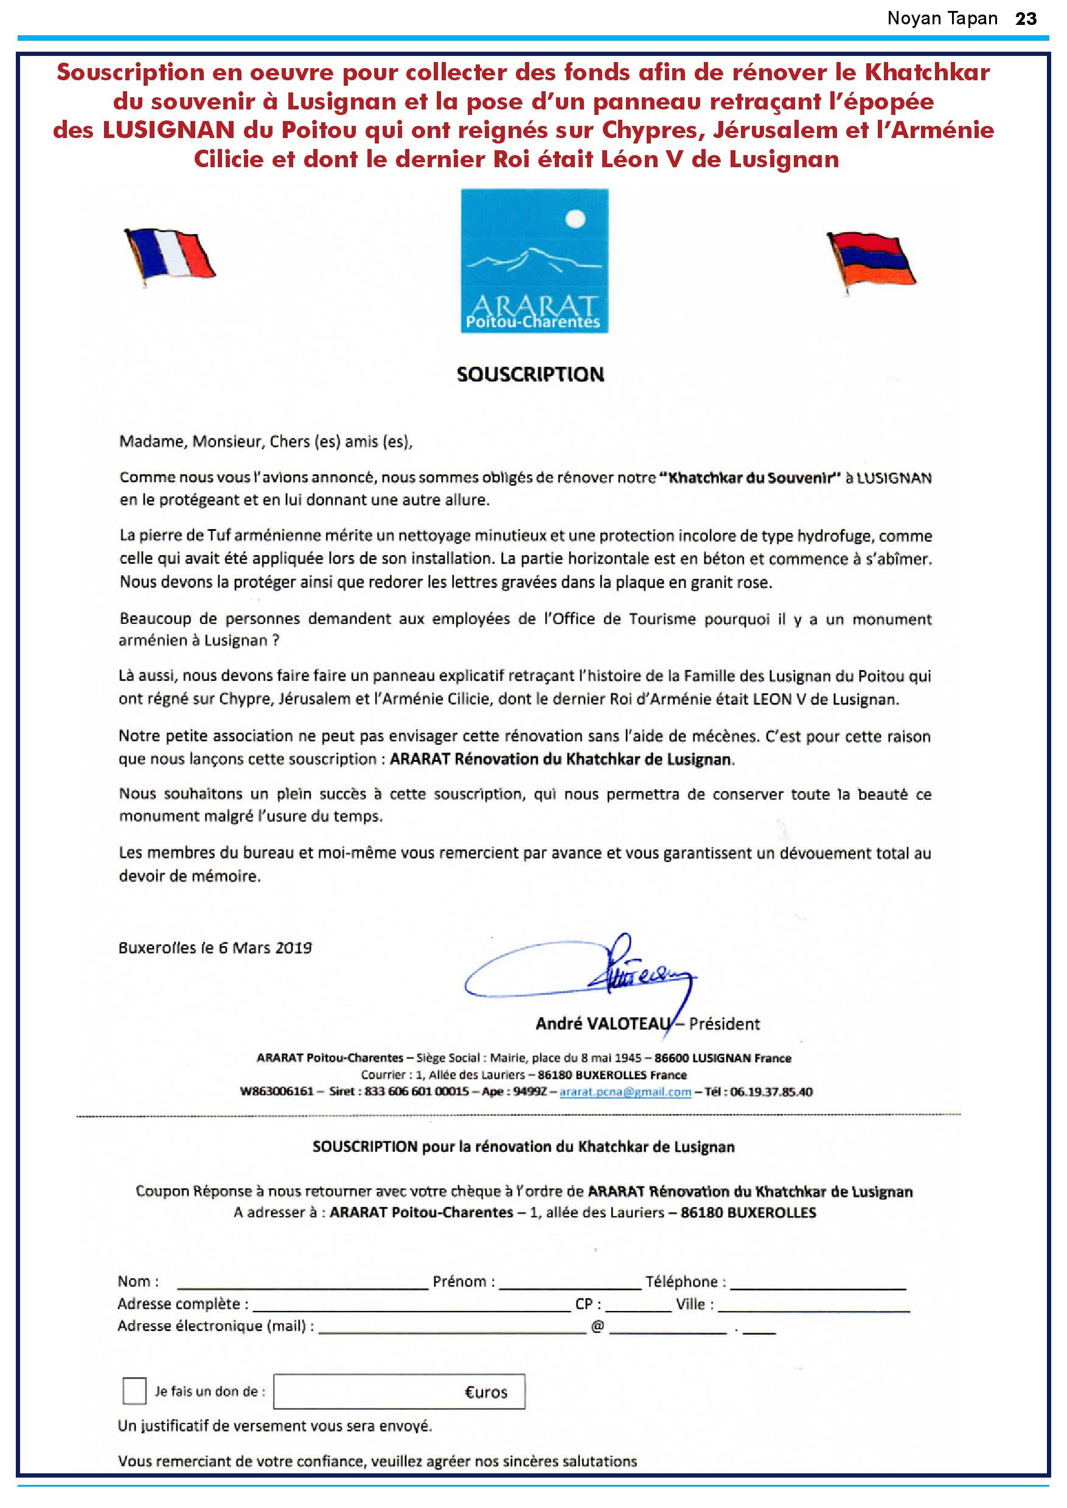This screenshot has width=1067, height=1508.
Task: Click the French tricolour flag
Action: pyautogui.click(x=170, y=256)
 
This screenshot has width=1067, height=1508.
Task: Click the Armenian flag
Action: pyautogui.click(x=872, y=258)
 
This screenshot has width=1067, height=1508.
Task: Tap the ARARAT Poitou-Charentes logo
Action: pyautogui.click(x=534, y=261)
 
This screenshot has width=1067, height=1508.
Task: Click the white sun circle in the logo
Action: pyautogui.click(x=575, y=218)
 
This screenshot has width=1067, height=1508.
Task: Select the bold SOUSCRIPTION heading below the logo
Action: pyautogui.click(x=530, y=375)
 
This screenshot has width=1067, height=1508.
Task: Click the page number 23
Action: pyautogui.click(x=1026, y=18)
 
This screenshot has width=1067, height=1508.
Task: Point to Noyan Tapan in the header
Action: pyautogui.click(x=942, y=18)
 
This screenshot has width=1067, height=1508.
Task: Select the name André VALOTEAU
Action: pyautogui.click(x=602, y=1023)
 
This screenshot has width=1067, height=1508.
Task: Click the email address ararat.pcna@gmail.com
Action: pyautogui.click(x=625, y=1091)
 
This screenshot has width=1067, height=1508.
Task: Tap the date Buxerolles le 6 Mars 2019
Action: pyautogui.click(x=215, y=948)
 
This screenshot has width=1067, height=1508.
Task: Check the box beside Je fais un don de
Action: pyautogui.click(x=134, y=1391)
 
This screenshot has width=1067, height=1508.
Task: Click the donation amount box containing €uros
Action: pyautogui.click(x=399, y=1392)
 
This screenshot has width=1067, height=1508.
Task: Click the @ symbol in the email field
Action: pyautogui.click(x=597, y=1326)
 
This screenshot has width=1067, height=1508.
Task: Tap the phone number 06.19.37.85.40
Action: pyautogui.click(x=771, y=1091)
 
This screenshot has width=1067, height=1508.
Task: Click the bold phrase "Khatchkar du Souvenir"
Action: pyautogui.click(x=754, y=478)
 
